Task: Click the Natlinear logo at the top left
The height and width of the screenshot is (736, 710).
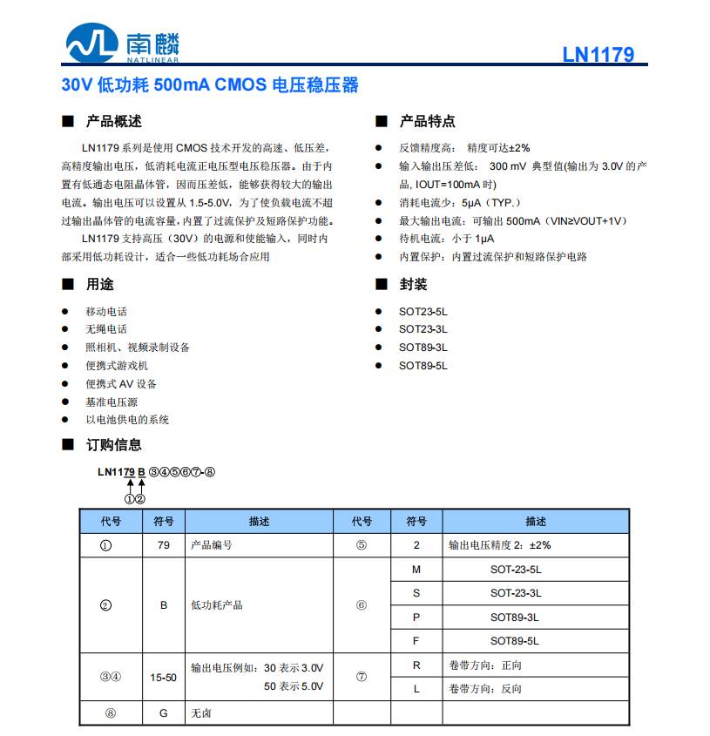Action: point(122,44)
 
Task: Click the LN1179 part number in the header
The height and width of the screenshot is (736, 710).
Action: point(598,55)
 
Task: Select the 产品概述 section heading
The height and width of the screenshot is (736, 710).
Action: point(113,121)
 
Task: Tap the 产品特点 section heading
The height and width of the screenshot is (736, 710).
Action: point(427,121)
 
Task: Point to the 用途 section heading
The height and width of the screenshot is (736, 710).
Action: point(99,284)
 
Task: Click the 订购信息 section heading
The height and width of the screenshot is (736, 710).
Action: point(113,444)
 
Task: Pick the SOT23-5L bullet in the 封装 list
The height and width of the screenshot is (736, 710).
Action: point(423,311)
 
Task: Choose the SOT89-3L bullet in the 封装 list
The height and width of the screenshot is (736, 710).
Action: point(423,348)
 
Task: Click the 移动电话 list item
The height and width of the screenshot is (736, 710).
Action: point(106,311)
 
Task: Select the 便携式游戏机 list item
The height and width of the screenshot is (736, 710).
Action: point(117,366)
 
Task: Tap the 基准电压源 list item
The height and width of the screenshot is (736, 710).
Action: point(112,402)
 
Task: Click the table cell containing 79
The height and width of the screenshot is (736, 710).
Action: point(163,545)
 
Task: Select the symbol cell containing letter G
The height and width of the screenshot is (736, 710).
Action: point(163,713)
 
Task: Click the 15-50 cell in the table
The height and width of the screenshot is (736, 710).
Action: point(163,677)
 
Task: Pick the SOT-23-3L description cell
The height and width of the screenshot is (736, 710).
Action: point(515,593)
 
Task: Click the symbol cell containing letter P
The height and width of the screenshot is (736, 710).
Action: point(416,618)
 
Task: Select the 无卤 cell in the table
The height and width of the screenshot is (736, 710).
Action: point(201,713)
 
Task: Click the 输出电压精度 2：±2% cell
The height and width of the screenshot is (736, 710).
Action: point(500,545)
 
